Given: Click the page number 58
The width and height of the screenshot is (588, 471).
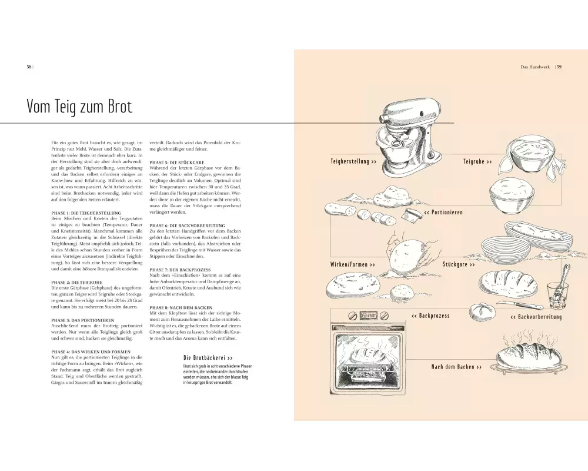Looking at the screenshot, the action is click(29, 67).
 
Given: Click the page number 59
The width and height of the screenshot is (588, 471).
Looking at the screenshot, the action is click(559, 67).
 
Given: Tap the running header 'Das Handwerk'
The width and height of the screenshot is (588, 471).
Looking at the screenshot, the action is click(535, 67).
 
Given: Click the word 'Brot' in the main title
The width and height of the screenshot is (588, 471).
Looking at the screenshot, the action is click(119, 107).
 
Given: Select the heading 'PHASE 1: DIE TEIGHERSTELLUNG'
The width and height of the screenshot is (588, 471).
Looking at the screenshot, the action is click(86, 213).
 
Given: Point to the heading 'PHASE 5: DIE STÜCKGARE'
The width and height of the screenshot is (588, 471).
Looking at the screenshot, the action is click(177, 162).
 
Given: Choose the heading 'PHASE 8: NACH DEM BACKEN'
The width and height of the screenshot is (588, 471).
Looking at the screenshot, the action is click(181, 307).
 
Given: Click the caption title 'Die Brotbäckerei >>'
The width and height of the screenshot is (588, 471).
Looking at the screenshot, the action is click(208, 358).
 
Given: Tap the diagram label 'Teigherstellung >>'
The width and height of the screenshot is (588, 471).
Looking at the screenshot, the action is click(353, 161).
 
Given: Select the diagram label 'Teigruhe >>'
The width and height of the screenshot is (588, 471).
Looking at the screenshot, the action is click(477, 161).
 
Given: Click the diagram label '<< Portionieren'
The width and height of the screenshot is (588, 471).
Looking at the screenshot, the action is click(443, 212).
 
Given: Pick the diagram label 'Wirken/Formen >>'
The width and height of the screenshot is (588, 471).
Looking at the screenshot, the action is click(352, 264).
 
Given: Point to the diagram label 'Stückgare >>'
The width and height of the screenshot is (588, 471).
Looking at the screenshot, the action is click(459, 264).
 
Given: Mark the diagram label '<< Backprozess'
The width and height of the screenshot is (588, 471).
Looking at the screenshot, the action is click(430, 316).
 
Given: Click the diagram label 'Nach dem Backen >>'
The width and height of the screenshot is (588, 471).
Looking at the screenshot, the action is click(456, 367).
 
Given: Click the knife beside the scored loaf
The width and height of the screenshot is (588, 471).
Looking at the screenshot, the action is click(520, 304).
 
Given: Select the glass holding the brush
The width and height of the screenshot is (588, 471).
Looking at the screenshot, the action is click(557, 296).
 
